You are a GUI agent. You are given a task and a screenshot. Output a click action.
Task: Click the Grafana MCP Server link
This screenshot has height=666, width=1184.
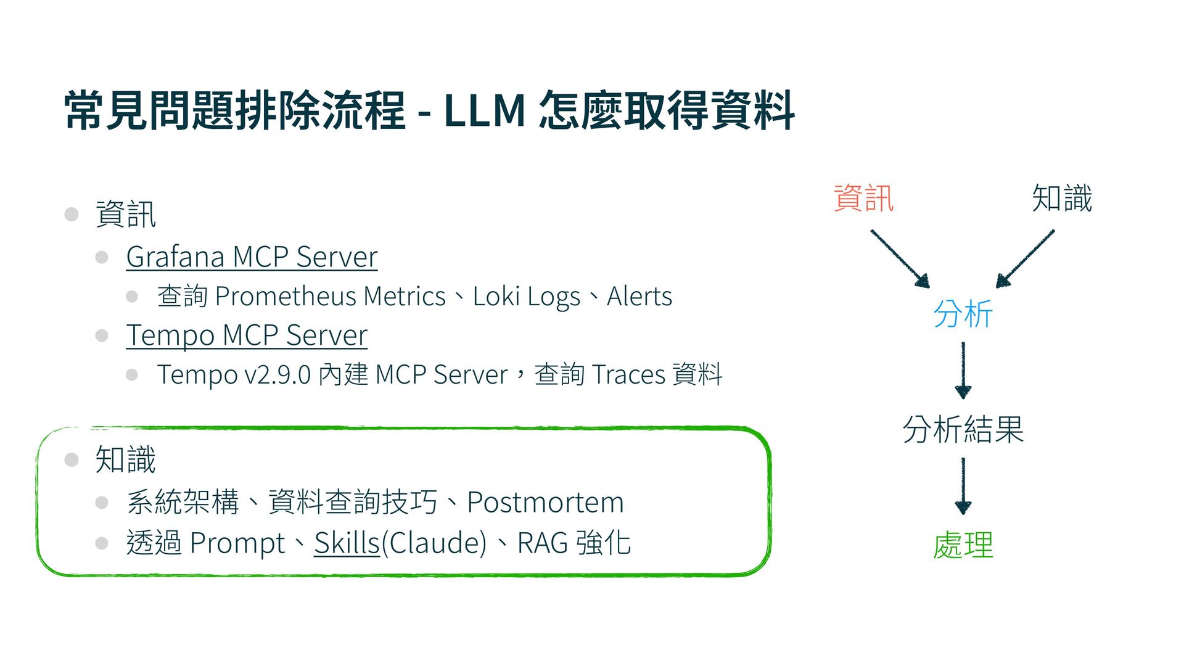coord(252,257)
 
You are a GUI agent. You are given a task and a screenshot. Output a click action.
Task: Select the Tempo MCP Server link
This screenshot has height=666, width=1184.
coord(247,335)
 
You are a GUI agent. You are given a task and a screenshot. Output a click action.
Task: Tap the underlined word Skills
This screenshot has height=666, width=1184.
coord(347,543)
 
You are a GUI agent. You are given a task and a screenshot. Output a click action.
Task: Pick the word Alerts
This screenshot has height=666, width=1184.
coord(639,297)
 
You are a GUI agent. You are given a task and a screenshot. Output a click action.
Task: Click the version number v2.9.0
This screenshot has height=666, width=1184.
coord(277,375)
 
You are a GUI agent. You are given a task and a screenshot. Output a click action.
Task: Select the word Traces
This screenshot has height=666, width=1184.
coord(628,375)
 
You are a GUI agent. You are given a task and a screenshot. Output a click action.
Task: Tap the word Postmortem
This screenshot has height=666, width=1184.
coord(545,502)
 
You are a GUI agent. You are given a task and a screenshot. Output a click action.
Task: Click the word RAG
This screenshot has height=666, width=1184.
coord(542,543)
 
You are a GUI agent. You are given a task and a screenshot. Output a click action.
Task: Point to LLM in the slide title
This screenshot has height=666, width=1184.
coord(484,111)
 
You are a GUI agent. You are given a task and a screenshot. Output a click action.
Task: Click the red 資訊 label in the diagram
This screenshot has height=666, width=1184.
coord(863,199)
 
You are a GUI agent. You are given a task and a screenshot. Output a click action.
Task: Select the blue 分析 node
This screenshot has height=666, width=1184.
coord(963,314)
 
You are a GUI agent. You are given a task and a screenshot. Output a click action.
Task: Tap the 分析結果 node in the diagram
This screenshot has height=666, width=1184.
coord(963,430)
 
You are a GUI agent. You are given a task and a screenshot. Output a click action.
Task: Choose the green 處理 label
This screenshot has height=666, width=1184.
coord(963,546)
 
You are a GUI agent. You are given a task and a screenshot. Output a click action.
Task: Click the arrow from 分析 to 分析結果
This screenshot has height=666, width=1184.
coord(963,370)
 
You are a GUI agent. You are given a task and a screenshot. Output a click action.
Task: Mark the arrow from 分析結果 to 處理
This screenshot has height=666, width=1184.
coord(963,486)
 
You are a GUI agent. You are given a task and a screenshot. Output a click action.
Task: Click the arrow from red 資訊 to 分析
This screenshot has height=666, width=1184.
coord(900,258)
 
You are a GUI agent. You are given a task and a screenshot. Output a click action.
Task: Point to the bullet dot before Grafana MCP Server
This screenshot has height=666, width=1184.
coord(102,257)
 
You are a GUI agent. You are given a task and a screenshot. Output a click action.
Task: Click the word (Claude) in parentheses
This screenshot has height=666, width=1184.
coord(434,543)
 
